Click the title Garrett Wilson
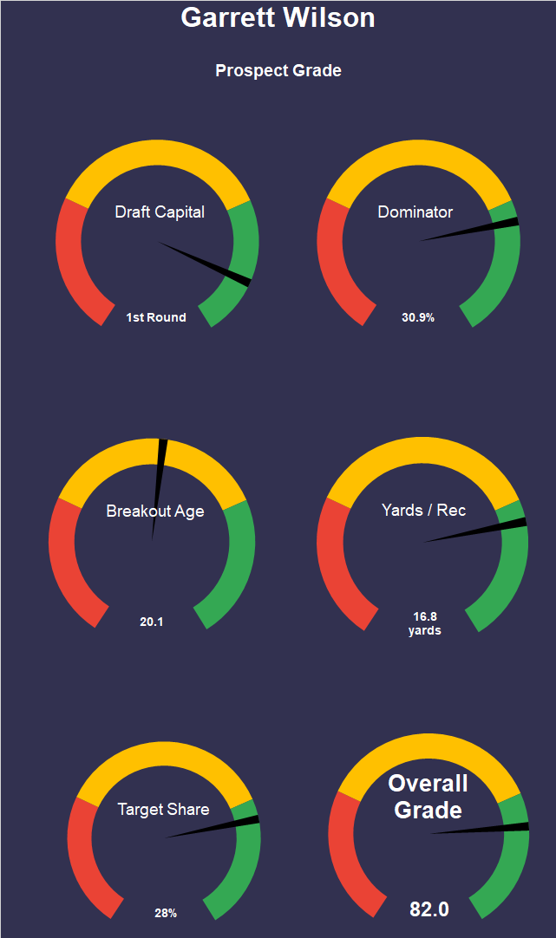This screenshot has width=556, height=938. pyautogui.click(x=278, y=17)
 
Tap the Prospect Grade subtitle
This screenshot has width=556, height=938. pyautogui.click(x=278, y=70)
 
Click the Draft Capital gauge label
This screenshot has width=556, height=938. pyautogui.click(x=160, y=212)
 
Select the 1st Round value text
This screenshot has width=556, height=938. pyautogui.click(x=156, y=317)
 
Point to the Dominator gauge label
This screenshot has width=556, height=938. pyautogui.click(x=415, y=212)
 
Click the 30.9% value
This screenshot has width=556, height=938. pyautogui.click(x=418, y=317)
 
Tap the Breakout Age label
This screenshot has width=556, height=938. pyautogui.click(x=155, y=511)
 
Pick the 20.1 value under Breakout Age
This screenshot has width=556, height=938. pyautogui.click(x=152, y=621)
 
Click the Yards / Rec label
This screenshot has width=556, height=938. pyautogui.click(x=423, y=510)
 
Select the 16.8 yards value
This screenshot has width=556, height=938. pyautogui.click(x=424, y=623)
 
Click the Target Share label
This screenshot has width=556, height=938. pyautogui.click(x=163, y=809)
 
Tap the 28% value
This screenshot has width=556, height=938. pyautogui.click(x=166, y=913)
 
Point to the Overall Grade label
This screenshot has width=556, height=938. pyautogui.click(x=428, y=797)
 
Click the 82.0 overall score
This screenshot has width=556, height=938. pyautogui.click(x=429, y=909)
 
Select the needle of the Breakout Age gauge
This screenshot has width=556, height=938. pyautogui.click(x=159, y=485)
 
